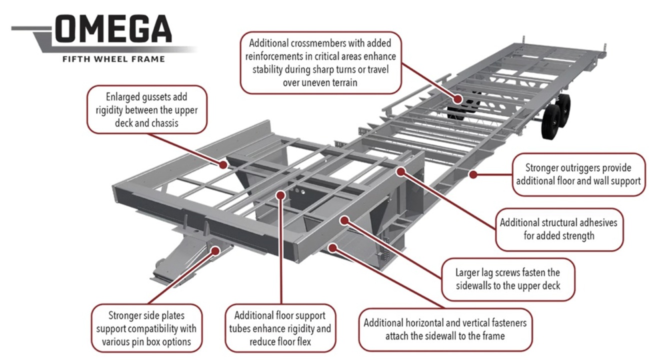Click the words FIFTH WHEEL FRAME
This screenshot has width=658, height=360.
coord(113,59)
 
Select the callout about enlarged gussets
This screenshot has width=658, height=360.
coord(146,109)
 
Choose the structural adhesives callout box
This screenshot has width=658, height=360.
coord(558,229)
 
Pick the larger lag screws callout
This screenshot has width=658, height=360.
coord(507,279)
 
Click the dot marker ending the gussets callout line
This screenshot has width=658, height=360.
coord(220,163)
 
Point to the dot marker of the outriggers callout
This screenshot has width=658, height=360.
coord(471,174)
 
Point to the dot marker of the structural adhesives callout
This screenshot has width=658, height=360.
coord(400,171)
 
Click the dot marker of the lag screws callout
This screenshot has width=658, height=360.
coord(344,219)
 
